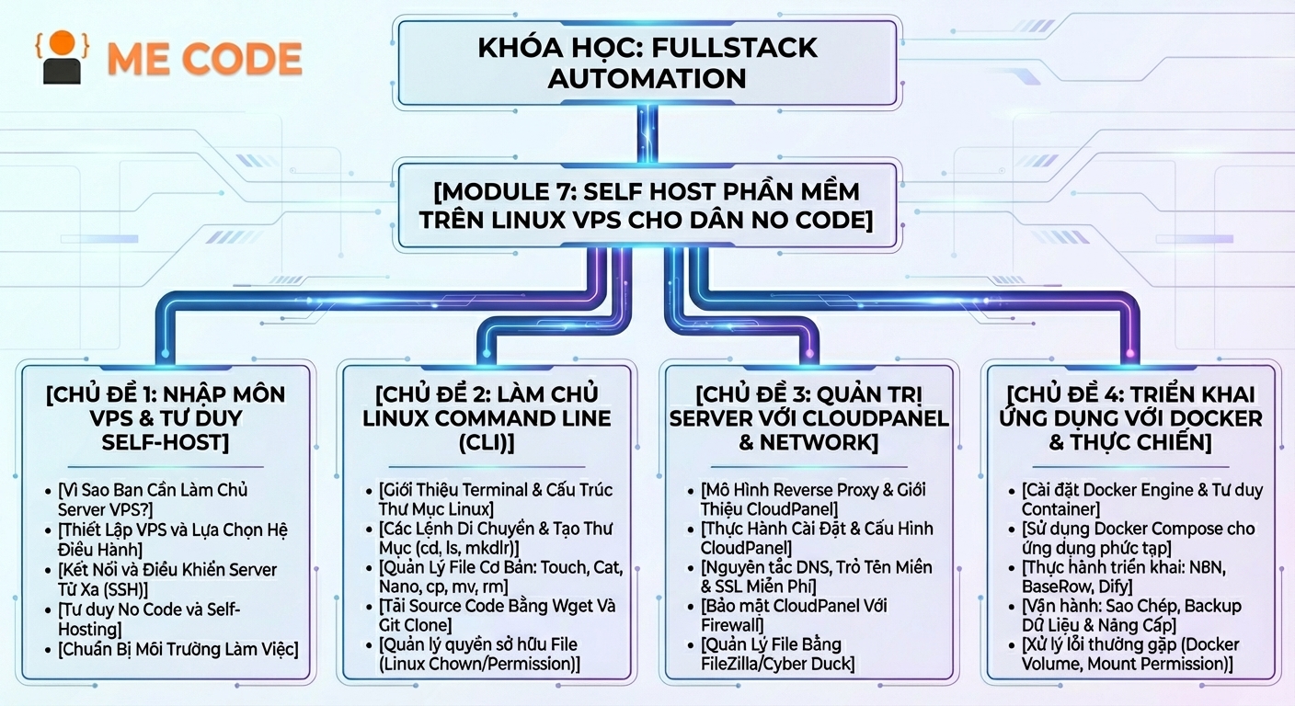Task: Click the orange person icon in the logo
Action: [62, 58]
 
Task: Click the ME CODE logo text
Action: [204, 59]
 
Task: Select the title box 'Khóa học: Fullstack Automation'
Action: [647, 63]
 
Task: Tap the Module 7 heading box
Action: [647, 206]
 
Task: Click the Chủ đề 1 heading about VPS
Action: [166, 417]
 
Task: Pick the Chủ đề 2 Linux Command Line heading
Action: [487, 417]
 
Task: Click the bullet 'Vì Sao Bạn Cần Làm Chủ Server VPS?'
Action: [153, 499]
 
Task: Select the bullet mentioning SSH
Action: [166, 578]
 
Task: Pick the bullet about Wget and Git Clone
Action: [497, 615]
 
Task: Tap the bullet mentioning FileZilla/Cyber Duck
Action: [777, 654]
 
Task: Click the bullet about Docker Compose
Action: [1138, 538]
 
